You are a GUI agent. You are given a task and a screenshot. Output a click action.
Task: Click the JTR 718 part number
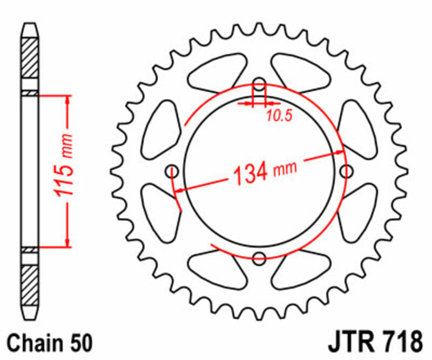coord(374,342)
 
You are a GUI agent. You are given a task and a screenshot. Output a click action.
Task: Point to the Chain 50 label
coord(51,343)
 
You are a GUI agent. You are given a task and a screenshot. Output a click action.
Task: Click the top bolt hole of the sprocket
coord(259,84)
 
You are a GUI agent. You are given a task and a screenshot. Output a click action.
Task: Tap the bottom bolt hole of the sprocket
coord(259,257)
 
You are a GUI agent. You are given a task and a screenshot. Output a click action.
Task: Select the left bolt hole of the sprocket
coord(173,171)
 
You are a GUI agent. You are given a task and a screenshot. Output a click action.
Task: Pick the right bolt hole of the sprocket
coord(345,171)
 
